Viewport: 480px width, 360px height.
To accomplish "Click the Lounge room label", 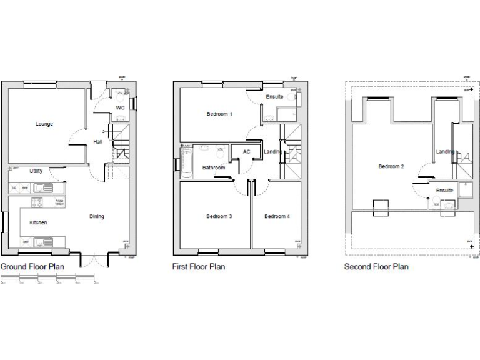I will (x=44, y=124).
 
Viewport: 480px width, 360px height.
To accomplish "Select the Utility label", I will (x=36, y=171).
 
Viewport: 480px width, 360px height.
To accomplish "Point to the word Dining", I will (x=96, y=217).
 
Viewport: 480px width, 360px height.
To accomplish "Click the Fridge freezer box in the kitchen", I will (x=59, y=202).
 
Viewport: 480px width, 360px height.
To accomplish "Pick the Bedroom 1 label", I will (x=219, y=114).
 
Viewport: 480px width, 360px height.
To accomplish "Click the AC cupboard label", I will (x=246, y=152).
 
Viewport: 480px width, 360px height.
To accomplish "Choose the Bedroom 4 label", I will (x=277, y=217).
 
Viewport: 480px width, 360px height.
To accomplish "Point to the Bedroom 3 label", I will (x=219, y=217).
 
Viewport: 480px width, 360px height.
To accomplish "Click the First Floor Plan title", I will (x=198, y=267).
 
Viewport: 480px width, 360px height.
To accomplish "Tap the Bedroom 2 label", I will (x=391, y=166).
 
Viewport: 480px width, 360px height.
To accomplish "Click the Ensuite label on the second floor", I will (x=444, y=191).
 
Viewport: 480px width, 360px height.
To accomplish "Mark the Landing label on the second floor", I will (x=445, y=152).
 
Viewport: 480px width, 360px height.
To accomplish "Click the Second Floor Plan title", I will (x=376, y=267).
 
